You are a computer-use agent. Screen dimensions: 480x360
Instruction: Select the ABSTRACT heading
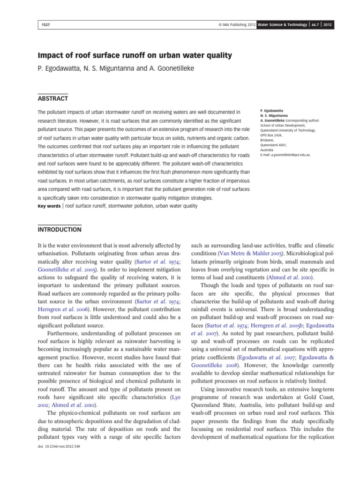coord(52,98)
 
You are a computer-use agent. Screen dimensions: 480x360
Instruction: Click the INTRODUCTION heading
coord(59,230)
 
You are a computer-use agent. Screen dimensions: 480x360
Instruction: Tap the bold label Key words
coord(49,206)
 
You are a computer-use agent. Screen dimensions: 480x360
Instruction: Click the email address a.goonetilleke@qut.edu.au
coord(291,154)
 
